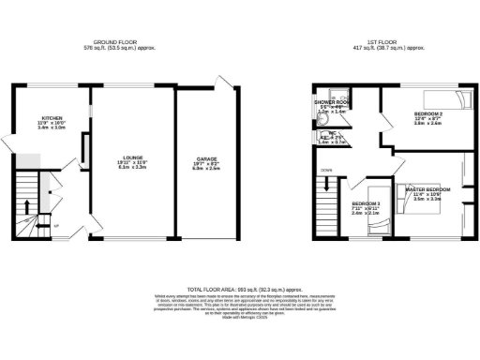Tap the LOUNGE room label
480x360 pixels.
132,158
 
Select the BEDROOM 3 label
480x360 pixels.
365,203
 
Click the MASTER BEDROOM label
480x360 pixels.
427,190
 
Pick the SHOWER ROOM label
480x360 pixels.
331,101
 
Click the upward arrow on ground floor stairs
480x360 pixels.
27,206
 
